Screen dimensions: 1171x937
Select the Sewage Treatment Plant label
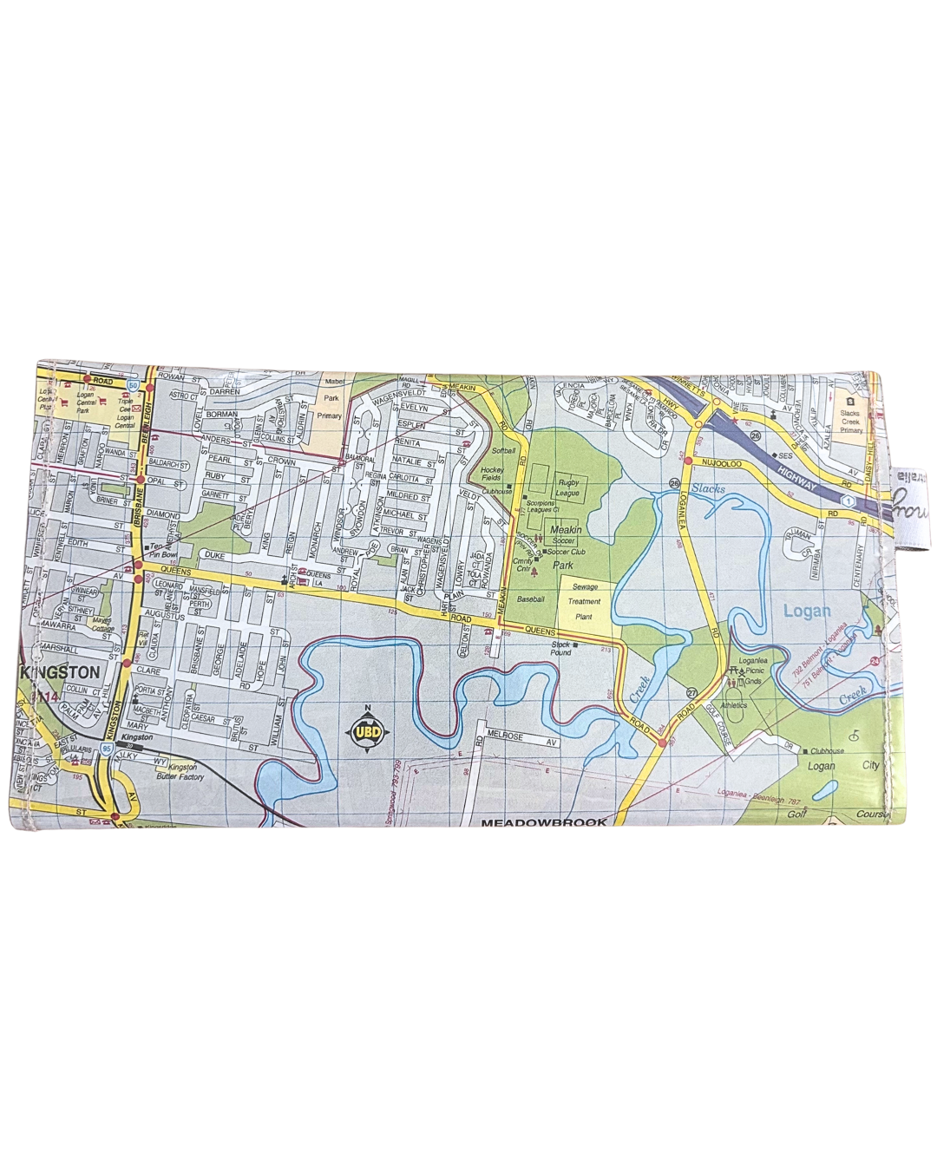pos(585,600)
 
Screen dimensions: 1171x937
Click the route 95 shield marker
pos(105,746)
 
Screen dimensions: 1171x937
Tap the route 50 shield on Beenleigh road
pos(132,383)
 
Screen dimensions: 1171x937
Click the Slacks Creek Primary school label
pos(850,422)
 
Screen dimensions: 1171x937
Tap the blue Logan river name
pos(807,611)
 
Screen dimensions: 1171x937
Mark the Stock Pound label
pos(560,648)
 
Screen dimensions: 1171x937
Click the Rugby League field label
pos(568,487)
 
